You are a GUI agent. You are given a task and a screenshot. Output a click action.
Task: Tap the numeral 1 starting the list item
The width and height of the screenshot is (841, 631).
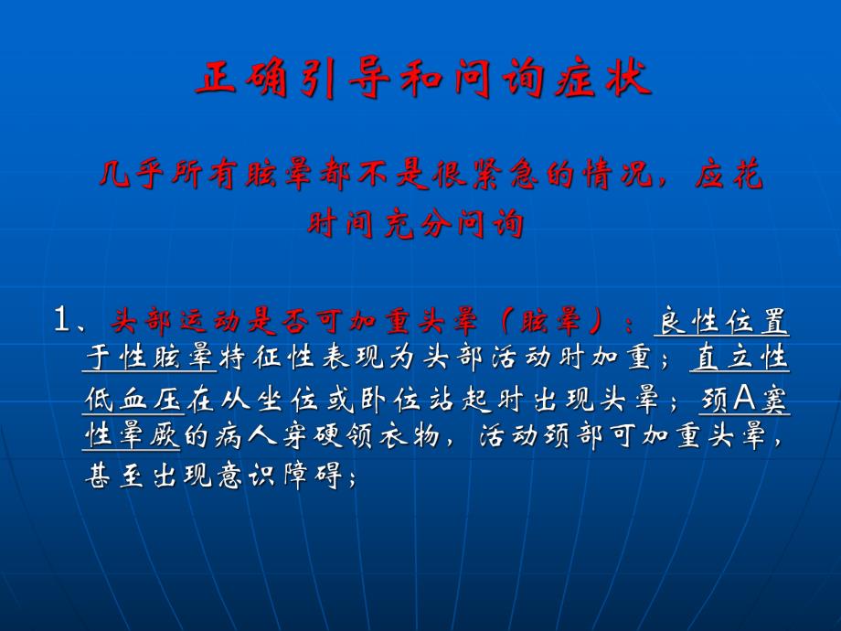coord(63,321)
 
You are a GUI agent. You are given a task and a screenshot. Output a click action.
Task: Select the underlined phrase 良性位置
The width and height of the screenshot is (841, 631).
coord(721,323)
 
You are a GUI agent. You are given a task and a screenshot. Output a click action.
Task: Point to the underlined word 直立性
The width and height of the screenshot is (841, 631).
coord(740,360)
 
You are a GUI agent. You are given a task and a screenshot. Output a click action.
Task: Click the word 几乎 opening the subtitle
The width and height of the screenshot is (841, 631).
coord(123,176)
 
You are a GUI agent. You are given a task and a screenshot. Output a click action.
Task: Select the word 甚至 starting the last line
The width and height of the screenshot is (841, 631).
coord(109,474)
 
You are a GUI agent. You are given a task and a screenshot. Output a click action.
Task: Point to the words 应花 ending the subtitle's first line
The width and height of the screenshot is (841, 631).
coord(738,176)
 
